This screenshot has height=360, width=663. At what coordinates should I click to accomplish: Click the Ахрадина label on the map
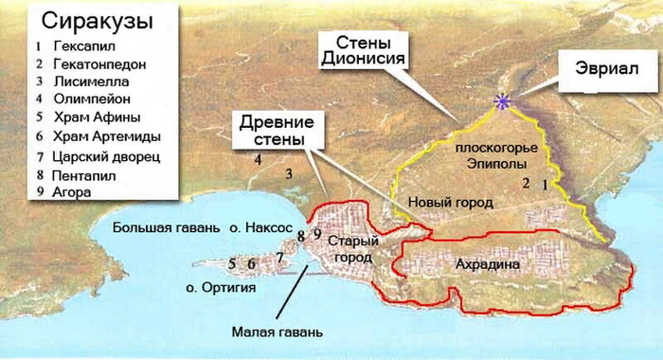tap(488, 264)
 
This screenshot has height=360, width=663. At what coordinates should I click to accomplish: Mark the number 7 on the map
tap(279, 257)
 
